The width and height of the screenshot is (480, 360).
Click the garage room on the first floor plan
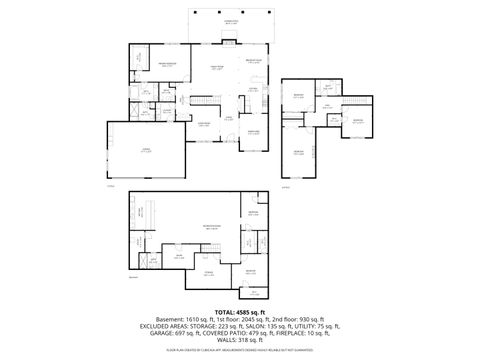click(x=146, y=150)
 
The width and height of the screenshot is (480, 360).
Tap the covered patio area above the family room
click(x=231, y=22)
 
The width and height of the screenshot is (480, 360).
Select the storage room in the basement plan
click(x=208, y=272)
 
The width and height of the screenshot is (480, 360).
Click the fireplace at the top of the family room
click(x=229, y=43)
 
